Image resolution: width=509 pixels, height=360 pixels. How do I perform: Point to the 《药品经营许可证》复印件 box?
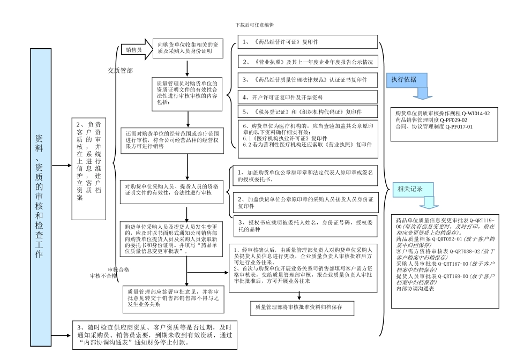[308, 42]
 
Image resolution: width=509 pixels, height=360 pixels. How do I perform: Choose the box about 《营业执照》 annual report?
[308, 62]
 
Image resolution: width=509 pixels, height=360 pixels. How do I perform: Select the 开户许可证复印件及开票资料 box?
[308, 97]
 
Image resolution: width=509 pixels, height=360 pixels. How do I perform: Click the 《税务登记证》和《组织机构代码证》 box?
[308, 112]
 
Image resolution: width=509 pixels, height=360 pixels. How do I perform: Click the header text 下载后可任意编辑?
[254, 25]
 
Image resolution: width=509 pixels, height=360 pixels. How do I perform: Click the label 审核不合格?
[103, 276]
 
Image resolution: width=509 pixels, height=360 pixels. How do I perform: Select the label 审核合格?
[118, 269]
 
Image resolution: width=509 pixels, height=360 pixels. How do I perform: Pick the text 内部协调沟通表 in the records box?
[415, 289]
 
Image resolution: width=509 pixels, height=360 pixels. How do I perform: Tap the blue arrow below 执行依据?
[424, 94]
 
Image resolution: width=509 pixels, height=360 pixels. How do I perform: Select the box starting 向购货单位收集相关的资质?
[187, 49]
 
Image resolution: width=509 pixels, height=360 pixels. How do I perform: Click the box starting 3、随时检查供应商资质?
[154, 335]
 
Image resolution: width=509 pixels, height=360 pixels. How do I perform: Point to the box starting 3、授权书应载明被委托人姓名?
[305, 225]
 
